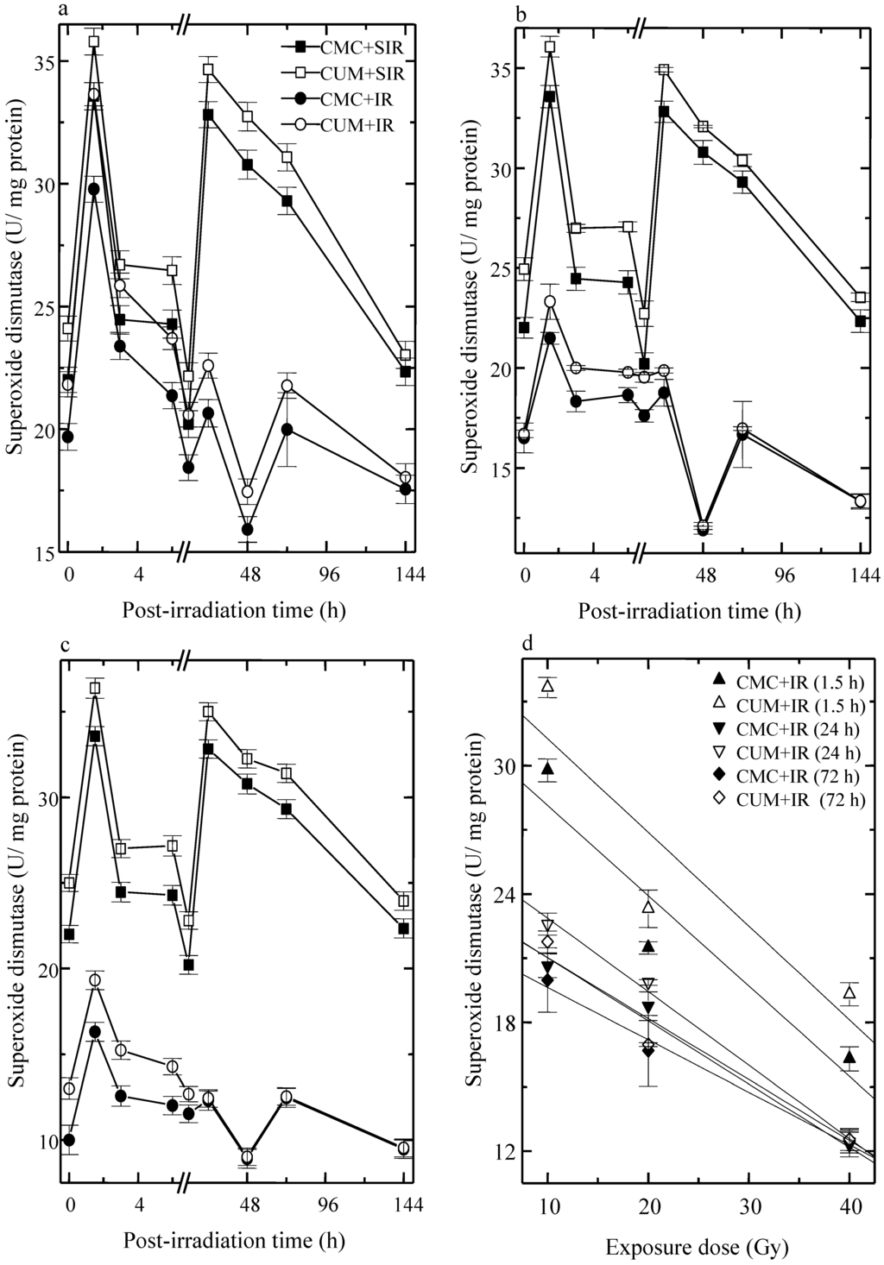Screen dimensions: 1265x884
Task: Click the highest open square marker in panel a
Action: pos(93,41)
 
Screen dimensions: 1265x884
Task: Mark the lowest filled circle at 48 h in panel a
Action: pos(248,529)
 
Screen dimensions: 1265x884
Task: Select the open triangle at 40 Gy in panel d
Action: pos(849,993)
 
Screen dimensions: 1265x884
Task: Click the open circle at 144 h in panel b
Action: pos(860,500)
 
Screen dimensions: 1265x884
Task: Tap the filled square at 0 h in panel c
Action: pos(69,935)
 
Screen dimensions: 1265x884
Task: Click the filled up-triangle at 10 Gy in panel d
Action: pos(546,769)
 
